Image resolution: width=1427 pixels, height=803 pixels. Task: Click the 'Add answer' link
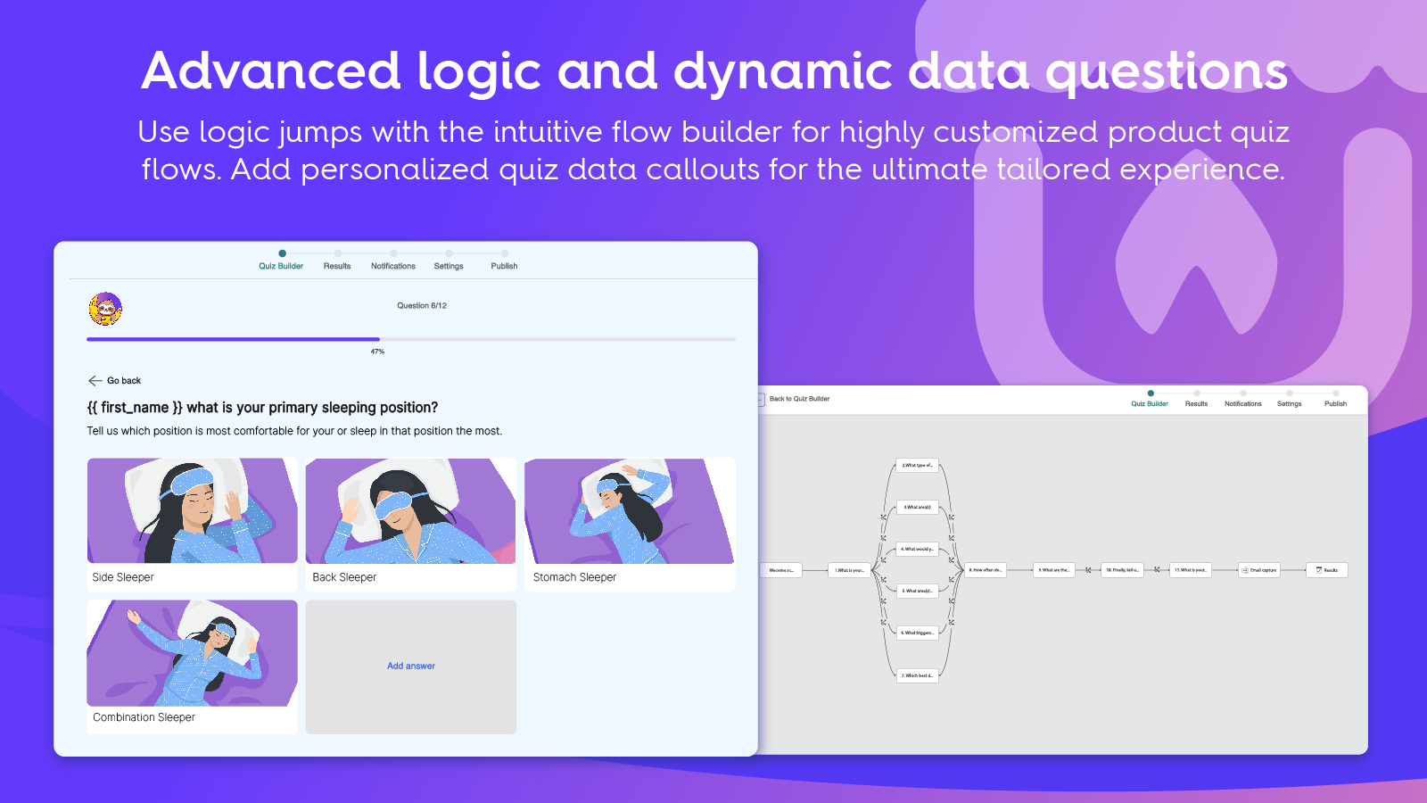(x=411, y=666)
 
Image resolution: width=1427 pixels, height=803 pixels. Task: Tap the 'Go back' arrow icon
(x=95, y=381)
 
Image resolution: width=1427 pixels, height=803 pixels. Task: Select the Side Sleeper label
(x=123, y=577)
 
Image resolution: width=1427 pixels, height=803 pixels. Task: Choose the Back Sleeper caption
(x=344, y=577)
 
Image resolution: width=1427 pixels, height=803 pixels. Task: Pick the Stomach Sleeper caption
(x=574, y=577)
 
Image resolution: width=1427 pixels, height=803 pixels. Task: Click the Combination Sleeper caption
(x=144, y=717)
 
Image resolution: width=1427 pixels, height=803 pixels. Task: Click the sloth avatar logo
(x=105, y=309)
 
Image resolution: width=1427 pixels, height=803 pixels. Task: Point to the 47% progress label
(x=378, y=352)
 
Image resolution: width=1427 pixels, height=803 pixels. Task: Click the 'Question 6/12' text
(x=422, y=306)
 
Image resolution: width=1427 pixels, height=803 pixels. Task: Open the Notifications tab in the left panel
(x=393, y=266)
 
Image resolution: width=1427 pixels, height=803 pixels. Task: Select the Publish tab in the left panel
(x=504, y=266)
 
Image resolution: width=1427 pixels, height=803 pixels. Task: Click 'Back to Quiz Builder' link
(x=799, y=399)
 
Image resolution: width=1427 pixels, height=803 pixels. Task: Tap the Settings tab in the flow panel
(x=1289, y=404)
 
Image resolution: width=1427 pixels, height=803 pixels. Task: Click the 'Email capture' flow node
(x=1259, y=570)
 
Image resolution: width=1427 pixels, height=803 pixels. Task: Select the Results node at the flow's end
(x=1327, y=570)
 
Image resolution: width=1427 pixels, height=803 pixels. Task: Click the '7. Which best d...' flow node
(x=917, y=675)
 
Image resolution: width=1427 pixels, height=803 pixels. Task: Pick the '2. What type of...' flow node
(x=917, y=465)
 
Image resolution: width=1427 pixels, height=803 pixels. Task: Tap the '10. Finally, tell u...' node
(x=1122, y=570)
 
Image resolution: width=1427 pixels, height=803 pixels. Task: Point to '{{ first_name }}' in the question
(x=135, y=408)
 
